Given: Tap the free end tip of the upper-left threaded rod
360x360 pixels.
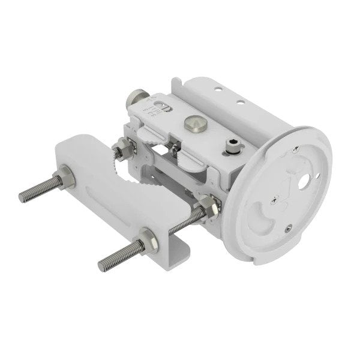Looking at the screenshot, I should [22, 197].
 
